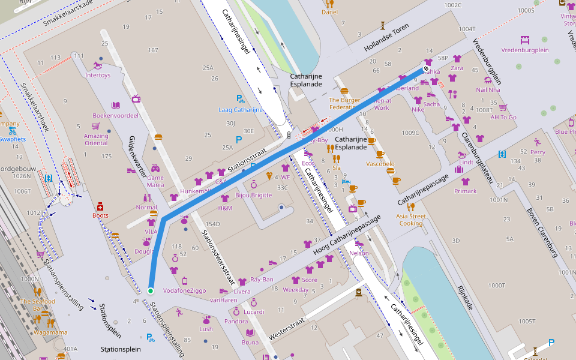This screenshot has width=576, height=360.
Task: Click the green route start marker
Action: (x=151, y=291)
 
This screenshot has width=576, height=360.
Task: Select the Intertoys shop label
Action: (x=98, y=75)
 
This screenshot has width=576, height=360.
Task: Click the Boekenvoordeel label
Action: (x=115, y=115)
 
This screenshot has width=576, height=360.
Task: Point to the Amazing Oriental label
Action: (x=96, y=139)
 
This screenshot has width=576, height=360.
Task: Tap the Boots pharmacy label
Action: (x=100, y=215)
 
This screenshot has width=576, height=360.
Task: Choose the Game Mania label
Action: (x=155, y=181)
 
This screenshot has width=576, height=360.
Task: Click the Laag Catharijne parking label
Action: (x=241, y=110)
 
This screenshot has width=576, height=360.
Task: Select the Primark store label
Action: (x=466, y=191)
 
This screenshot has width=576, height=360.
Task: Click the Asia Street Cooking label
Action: (x=412, y=220)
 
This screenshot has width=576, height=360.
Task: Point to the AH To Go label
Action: (x=503, y=117)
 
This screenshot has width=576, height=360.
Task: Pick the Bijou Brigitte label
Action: (x=253, y=195)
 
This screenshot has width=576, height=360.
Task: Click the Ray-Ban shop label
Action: (x=262, y=280)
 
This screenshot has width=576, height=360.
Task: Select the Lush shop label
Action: (x=206, y=329)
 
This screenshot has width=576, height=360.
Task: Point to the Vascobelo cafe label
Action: (x=380, y=163)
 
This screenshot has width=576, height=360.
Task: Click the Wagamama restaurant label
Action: (x=50, y=332)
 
